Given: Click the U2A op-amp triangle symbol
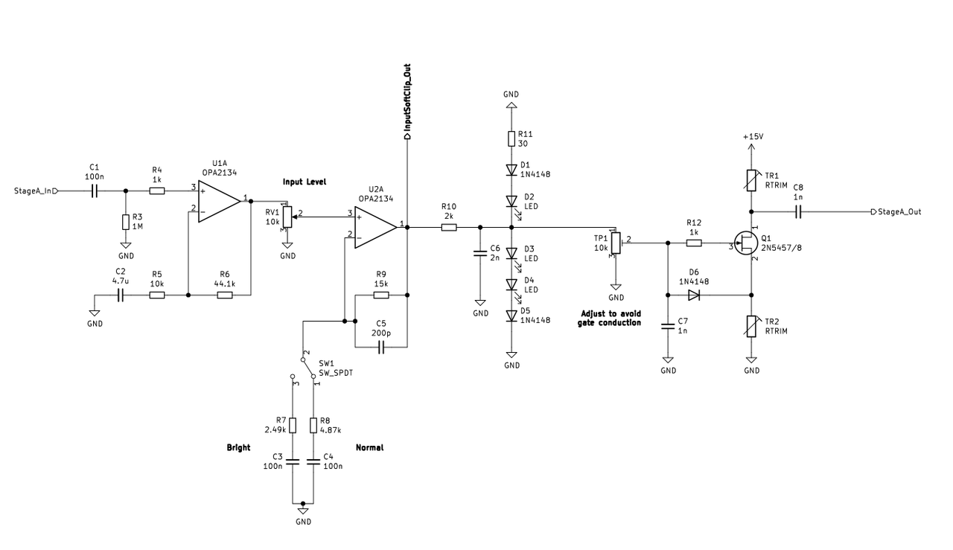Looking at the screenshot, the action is pos(376,228).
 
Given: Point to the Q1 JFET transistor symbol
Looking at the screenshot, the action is pos(746,243).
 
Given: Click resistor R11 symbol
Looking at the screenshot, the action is pos(511,138).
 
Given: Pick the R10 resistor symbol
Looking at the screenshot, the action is pos(449,228).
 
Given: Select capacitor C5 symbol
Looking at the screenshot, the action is pos(381,347).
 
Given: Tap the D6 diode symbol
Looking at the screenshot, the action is pos(694,295).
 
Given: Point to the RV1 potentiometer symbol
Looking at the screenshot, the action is pos(288,217).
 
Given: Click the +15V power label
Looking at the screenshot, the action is pos(753,136).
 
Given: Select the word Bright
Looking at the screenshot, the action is pos(238,447).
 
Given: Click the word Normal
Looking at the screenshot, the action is pos(369,447).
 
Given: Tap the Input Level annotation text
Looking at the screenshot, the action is pos(305,182).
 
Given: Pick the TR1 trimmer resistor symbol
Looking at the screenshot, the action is pos(751,180).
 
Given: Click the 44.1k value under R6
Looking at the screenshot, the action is pos(225,284).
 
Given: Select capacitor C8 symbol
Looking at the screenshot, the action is pos(798,212).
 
